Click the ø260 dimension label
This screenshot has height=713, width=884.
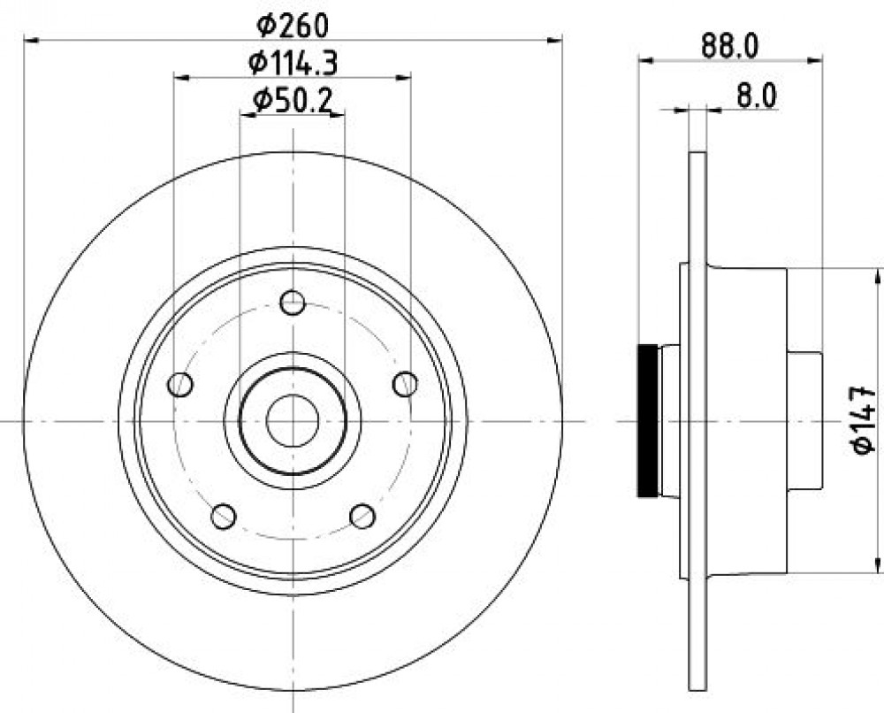pyautogui.click(x=292, y=26)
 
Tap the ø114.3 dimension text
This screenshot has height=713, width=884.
pyautogui.click(x=293, y=63)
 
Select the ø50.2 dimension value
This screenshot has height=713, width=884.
pyautogui.click(x=292, y=101)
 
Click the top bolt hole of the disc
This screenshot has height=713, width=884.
pyautogui.click(x=293, y=303)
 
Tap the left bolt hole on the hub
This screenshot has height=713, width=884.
pyautogui.click(x=179, y=384)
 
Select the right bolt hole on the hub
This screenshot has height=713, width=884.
pyautogui.click(x=405, y=384)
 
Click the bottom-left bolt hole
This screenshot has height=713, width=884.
pyautogui.click(x=224, y=516)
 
